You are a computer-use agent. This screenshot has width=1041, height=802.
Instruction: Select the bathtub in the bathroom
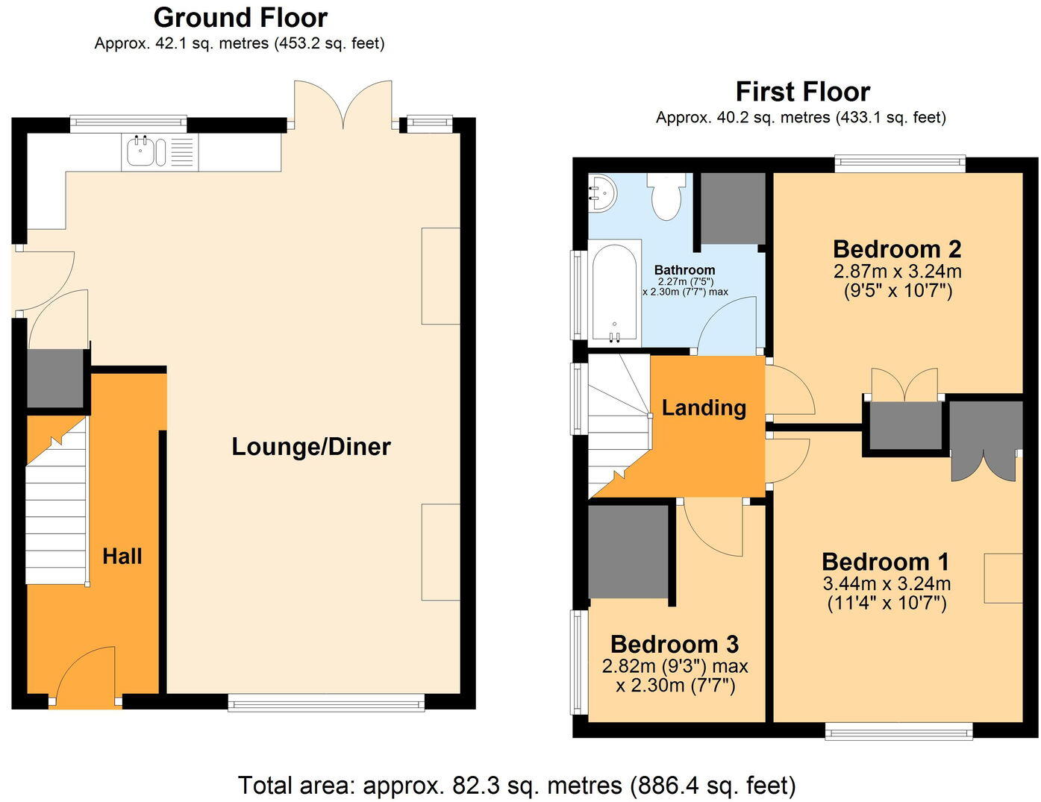(x=615, y=293)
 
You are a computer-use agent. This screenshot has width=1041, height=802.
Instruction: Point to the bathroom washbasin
(x=601, y=193)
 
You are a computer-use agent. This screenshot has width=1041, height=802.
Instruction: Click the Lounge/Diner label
(x=310, y=447)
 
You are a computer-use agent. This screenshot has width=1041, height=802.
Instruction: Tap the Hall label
(x=122, y=556)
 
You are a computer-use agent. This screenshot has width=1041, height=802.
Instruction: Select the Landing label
(x=704, y=407)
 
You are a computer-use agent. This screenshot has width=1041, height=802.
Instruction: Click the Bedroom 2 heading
(x=896, y=248)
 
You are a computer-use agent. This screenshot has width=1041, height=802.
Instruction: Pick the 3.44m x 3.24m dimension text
(x=886, y=583)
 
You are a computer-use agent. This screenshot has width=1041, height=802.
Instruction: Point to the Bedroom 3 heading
(x=674, y=644)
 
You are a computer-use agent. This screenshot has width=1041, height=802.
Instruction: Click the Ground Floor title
(x=240, y=17)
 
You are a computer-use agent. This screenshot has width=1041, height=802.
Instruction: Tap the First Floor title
(x=802, y=92)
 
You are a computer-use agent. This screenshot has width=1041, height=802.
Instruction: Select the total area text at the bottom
(x=516, y=785)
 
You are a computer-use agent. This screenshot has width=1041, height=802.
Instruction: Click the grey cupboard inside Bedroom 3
(x=628, y=552)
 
